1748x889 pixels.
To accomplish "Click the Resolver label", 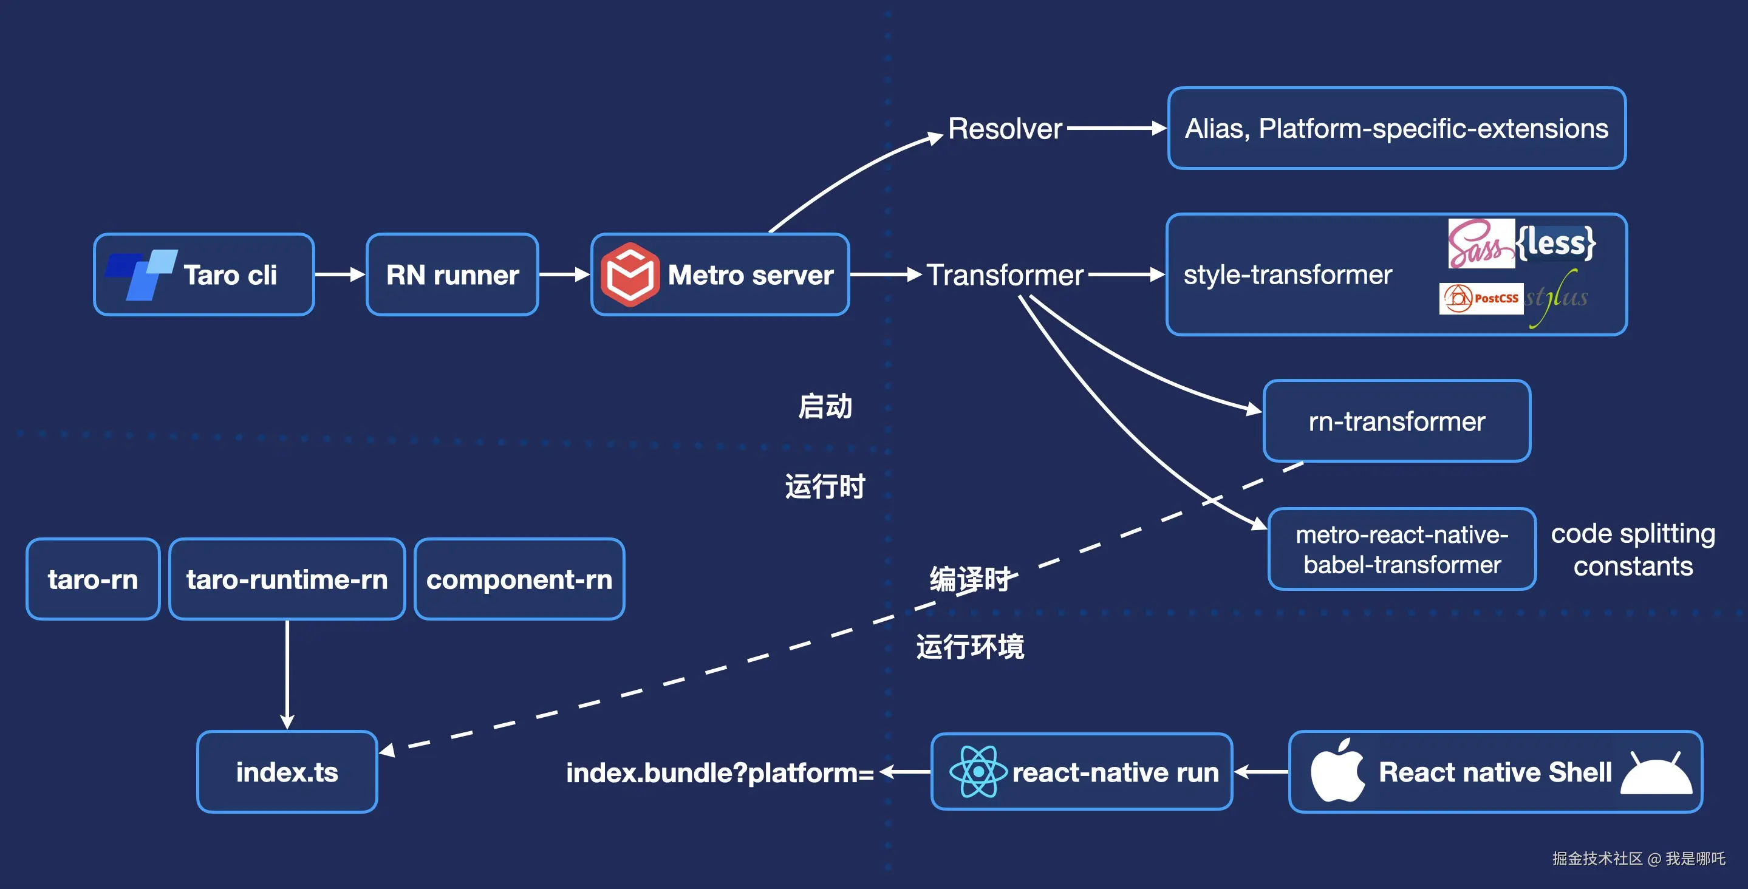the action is [x=1005, y=128].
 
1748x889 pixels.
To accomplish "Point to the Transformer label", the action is [x=1005, y=275].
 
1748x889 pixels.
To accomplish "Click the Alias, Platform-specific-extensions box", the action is [x=1396, y=128].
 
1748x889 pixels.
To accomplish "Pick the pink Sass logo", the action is [x=1481, y=244].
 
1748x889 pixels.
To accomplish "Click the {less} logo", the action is [x=1556, y=243].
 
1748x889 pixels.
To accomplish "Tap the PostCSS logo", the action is [x=1481, y=299].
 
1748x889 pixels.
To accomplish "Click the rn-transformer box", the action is [x=1396, y=421].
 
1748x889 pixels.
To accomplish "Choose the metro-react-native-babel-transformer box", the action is [x=1402, y=549].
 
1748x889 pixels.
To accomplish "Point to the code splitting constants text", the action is [x=1633, y=550].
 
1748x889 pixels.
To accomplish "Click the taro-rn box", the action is [x=93, y=579].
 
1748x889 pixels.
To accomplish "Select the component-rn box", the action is [x=519, y=579].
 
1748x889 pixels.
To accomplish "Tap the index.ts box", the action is [x=287, y=772].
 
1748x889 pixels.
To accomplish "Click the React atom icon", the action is [x=978, y=772].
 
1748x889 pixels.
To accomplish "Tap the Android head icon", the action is [x=1656, y=773].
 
